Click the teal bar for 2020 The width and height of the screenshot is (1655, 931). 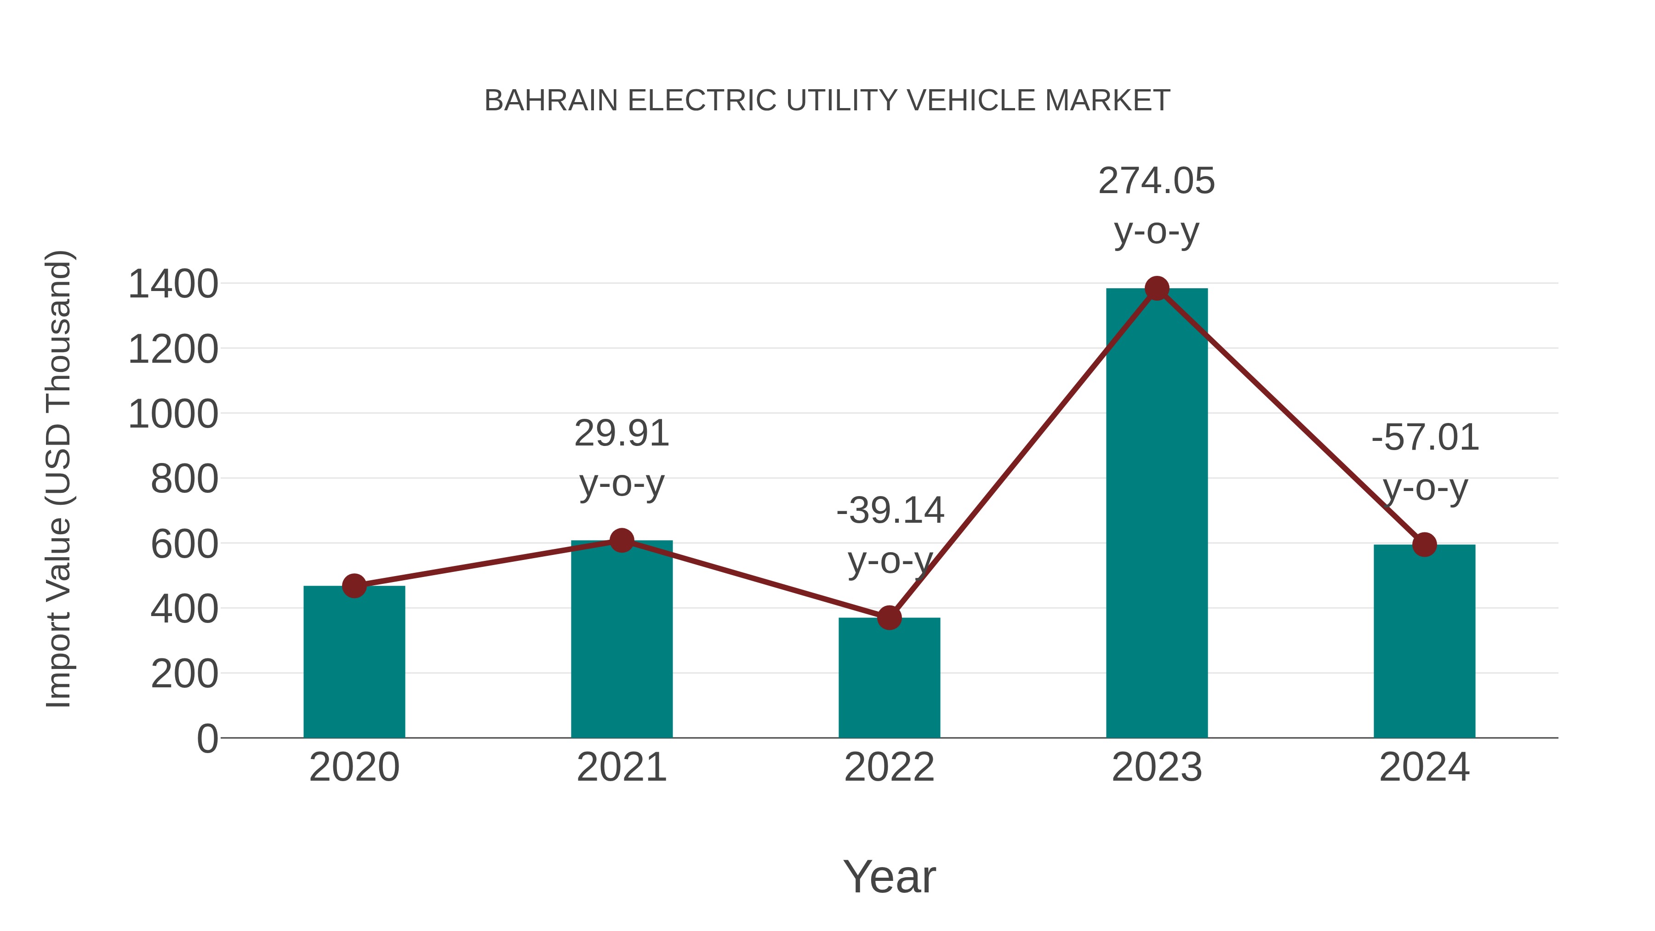click(x=354, y=662)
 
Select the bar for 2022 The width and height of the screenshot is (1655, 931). click(x=889, y=678)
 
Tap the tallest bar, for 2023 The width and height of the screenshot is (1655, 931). click(x=1157, y=514)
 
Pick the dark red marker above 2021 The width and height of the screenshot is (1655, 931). click(x=621, y=540)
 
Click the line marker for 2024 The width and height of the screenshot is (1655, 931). click(x=1424, y=545)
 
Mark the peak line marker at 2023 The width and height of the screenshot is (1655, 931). click(x=1157, y=288)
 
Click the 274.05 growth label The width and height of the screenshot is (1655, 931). click(x=1157, y=181)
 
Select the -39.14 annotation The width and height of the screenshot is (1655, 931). click(x=890, y=511)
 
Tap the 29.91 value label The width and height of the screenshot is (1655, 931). click(x=621, y=433)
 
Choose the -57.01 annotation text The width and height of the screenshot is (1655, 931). click(x=1425, y=438)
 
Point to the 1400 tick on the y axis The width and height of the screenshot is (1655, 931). click(x=173, y=284)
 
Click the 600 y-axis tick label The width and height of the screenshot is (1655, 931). click(x=184, y=544)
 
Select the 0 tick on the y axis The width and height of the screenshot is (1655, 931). click(x=207, y=738)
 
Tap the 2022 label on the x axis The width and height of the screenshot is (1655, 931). click(x=889, y=767)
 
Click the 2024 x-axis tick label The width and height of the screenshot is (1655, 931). click(x=1424, y=767)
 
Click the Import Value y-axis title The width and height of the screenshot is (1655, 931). click(x=58, y=479)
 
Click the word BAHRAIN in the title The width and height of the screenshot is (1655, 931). click(x=551, y=101)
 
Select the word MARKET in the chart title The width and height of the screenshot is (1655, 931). click(x=1107, y=101)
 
